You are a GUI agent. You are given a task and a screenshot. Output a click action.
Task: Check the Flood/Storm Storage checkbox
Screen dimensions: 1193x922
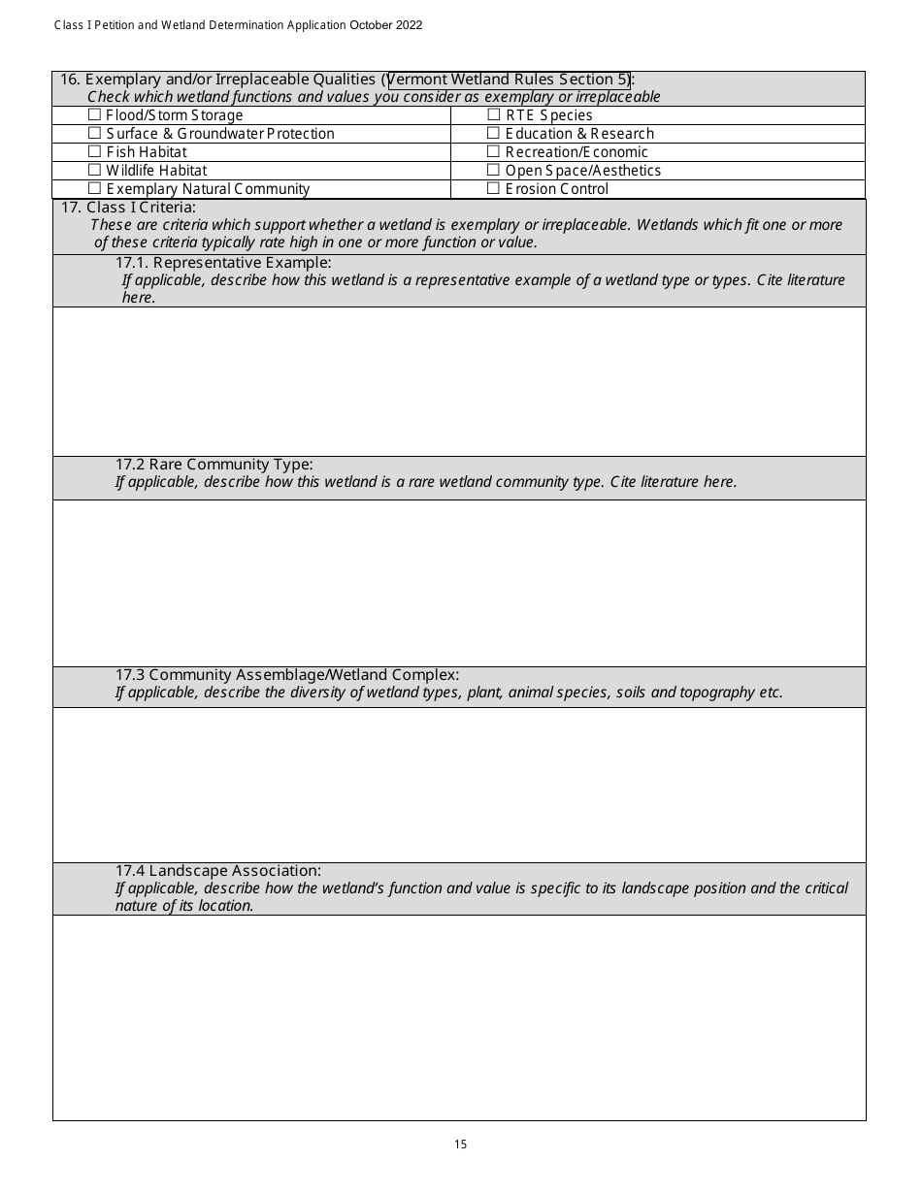[x=94, y=115]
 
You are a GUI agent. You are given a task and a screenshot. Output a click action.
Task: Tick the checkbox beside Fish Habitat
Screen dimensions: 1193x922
[x=94, y=152]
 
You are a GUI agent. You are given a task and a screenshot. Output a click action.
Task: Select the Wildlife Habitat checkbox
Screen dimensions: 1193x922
[x=94, y=171]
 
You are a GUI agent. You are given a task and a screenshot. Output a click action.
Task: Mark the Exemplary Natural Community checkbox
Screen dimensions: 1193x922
[x=94, y=189]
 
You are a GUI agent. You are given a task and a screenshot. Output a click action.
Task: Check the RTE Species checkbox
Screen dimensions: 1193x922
[x=493, y=115]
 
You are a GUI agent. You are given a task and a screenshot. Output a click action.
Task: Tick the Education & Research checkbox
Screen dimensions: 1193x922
[x=493, y=134]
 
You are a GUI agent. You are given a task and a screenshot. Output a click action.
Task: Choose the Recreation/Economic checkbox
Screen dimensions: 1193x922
[x=493, y=152]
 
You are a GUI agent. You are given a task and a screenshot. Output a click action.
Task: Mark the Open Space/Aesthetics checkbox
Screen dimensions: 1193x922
[x=493, y=171]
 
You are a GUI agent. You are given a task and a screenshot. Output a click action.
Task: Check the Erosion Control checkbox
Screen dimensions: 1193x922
[x=493, y=189]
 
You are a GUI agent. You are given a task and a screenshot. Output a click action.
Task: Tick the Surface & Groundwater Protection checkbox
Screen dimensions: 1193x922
[x=94, y=134]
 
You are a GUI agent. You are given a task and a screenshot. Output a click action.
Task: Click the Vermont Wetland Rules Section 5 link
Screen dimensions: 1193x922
[x=509, y=80]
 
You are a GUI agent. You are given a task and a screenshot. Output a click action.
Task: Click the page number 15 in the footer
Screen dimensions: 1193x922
[x=460, y=1145]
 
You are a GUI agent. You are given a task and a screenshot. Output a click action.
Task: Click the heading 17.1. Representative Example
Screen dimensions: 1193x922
[x=223, y=263]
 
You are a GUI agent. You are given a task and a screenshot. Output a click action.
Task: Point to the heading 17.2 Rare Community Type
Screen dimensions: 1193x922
[x=214, y=465]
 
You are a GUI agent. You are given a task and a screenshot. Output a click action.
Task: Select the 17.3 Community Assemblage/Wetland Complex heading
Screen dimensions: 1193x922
[x=287, y=675]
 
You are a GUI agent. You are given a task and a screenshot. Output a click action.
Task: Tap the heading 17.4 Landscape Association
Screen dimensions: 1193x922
[x=218, y=871]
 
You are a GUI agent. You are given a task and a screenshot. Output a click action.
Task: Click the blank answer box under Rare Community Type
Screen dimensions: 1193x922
[x=459, y=583]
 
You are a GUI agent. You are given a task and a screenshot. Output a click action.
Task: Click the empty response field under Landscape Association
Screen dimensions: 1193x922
[x=459, y=1017]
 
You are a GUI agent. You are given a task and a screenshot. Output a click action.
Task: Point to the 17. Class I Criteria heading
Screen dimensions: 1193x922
[x=128, y=207]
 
